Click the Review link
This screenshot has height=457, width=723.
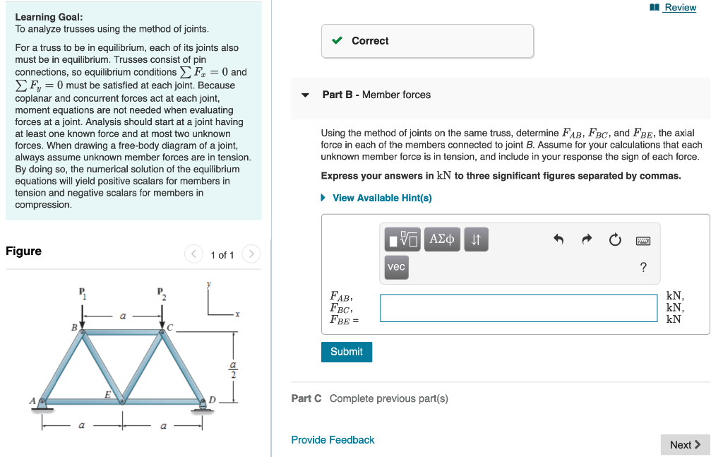pos(679,7)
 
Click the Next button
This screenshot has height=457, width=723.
pos(685,444)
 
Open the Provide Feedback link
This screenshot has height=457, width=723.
pos(333,440)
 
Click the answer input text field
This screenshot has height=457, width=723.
pos(519,308)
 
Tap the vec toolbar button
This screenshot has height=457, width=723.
pos(397,266)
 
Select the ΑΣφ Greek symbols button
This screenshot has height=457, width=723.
pos(442,239)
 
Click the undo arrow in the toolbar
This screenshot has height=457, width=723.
pos(558,240)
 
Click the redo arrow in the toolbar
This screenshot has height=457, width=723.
pos(586,240)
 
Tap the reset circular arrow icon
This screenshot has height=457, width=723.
pos(614,240)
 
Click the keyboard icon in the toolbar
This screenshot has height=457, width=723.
pos(643,240)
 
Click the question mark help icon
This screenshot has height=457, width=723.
pos(643,267)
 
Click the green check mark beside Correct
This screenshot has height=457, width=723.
pos(337,41)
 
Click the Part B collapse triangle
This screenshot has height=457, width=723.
pos(305,95)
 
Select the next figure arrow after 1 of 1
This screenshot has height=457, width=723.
pos(251,254)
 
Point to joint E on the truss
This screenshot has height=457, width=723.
pos(122,401)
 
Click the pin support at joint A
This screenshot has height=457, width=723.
pos(42,403)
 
